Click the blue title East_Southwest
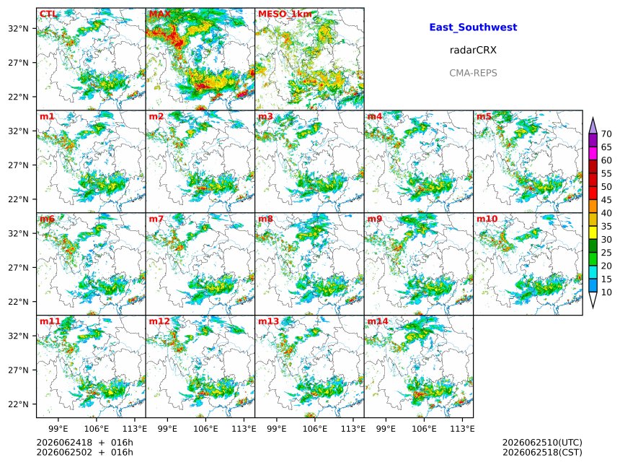click(x=473, y=27)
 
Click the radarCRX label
click(x=473, y=50)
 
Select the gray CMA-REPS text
click(x=473, y=73)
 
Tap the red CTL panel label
click(x=48, y=14)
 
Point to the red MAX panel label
click(x=160, y=14)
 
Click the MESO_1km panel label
click(x=285, y=14)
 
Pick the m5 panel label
click(x=484, y=116)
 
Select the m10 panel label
click(x=487, y=219)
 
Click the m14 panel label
click(x=378, y=321)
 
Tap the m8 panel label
click(x=265, y=219)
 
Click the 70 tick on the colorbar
click(x=606, y=134)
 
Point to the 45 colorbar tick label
click(x=606, y=200)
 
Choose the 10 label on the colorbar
click(x=606, y=292)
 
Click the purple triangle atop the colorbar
click(x=593, y=126)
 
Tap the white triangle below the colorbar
click(x=593, y=299)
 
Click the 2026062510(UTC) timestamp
click(x=542, y=443)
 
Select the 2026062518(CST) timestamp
click(x=542, y=452)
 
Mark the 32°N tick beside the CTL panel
click(x=19, y=28)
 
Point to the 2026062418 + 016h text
click(x=84, y=443)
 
